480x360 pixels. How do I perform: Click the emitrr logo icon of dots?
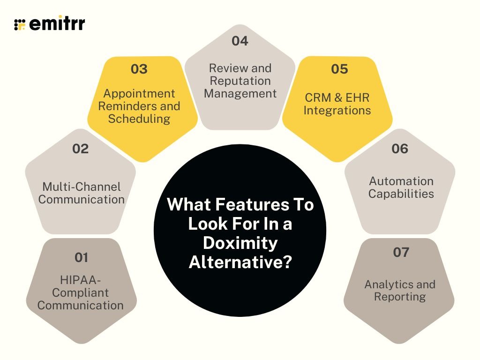tap(20, 24)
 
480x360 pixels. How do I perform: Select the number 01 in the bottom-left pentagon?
tap(81, 257)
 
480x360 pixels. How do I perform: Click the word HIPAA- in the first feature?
tap(81, 280)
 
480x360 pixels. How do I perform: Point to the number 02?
tap(80, 149)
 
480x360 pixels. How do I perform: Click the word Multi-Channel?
tap(82, 187)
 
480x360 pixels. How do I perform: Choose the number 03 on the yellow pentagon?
tap(139, 69)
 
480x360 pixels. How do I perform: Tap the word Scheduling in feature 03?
tap(139, 119)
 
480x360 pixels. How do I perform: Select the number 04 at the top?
tap(240, 41)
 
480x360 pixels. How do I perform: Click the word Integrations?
tap(337, 111)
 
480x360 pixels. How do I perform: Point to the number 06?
tap(399, 149)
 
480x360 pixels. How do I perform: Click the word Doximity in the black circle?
tap(240, 243)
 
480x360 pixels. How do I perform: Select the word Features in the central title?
tap(253, 205)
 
